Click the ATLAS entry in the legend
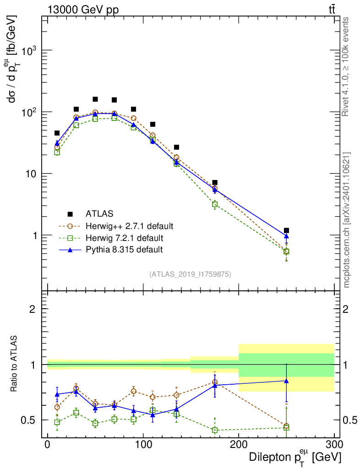pyautogui.click(x=99, y=213)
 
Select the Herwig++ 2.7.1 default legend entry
pyautogui.click(x=129, y=226)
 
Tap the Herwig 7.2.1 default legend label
pyautogui.click(x=124, y=238)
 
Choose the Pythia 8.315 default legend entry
pyautogui.click(x=124, y=250)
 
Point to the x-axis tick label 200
pyautogui.click(x=239, y=445)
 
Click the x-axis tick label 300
pyautogui.click(x=334, y=445)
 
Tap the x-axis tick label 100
pyautogui.click(x=143, y=445)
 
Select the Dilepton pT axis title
pyautogui.click(x=295, y=457)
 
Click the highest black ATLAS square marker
pyautogui.click(x=95, y=99)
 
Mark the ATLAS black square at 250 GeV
pyautogui.click(x=286, y=230)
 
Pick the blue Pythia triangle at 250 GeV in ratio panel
pyautogui.click(x=286, y=381)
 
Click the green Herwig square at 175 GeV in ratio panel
pyautogui.click(x=215, y=430)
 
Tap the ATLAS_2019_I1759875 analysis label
pyautogui.click(x=190, y=274)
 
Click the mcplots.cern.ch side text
pyautogui.click(x=347, y=220)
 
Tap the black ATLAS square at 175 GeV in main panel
pyautogui.click(x=215, y=183)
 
